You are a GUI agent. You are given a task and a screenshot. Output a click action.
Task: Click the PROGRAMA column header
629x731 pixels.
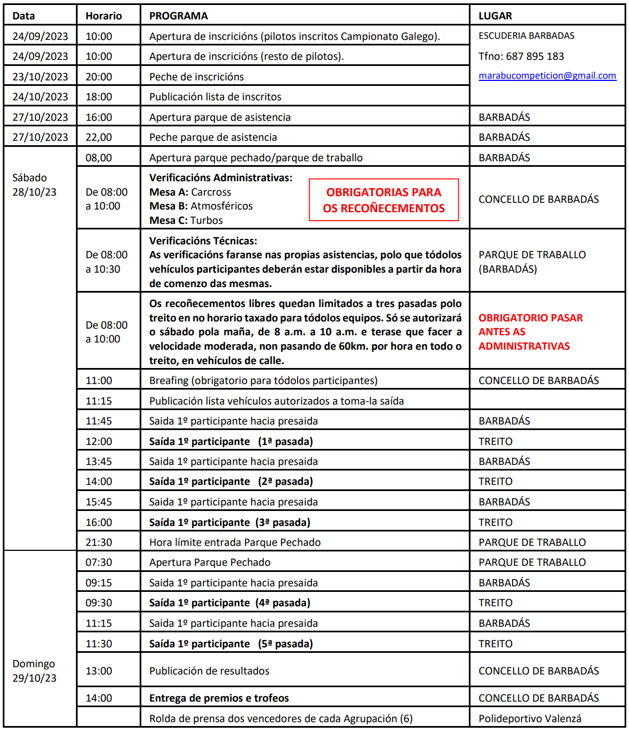[x=178, y=16]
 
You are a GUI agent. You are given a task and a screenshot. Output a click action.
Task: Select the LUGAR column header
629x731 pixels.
[x=495, y=16]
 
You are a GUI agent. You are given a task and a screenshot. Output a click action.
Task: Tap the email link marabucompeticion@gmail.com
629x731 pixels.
[x=547, y=76]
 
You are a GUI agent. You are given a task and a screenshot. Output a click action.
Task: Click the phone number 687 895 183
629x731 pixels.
[x=535, y=57]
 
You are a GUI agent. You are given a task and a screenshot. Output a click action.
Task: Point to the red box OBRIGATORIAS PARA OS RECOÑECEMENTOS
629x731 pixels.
[x=383, y=200]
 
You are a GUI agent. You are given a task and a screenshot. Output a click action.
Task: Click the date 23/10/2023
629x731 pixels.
[x=40, y=77]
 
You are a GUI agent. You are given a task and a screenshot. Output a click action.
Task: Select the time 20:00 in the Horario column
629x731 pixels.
[x=99, y=77]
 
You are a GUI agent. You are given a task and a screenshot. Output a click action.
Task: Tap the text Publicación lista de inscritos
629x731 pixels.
[x=215, y=97]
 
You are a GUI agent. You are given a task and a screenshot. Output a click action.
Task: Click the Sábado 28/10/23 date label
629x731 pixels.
[x=34, y=185]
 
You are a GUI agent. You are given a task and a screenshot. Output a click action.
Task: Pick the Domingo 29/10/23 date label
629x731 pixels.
[x=34, y=671]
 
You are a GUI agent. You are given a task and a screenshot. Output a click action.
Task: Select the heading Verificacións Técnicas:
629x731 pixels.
[x=203, y=241]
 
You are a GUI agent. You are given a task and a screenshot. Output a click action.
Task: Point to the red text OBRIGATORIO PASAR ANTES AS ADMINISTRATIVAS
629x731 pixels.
[x=530, y=332]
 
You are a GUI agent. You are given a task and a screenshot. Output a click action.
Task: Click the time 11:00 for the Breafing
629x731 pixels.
[x=99, y=381]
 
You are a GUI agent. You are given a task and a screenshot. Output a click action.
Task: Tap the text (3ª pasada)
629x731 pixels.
[x=283, y=523]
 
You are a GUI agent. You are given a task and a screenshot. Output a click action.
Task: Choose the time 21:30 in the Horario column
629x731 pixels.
[x=99, y=543]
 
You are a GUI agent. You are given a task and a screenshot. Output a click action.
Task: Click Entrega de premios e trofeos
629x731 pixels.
[x=219, y=698]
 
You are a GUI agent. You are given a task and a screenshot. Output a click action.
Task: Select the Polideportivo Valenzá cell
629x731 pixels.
[x=530, y=719]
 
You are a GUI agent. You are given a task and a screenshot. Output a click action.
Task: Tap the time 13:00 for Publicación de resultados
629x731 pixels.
[x=99, y=671]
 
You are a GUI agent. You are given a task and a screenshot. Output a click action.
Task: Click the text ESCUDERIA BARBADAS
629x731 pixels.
[x=526, y=36]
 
